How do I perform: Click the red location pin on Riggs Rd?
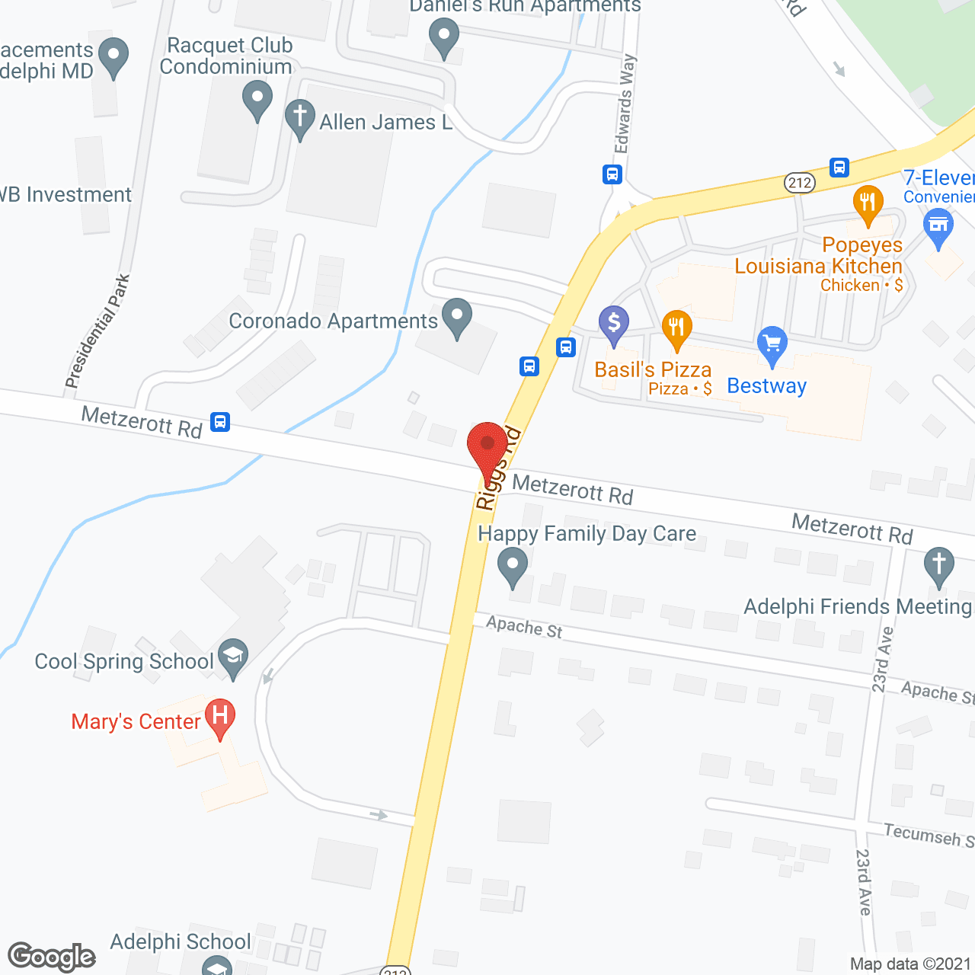coord(487,445)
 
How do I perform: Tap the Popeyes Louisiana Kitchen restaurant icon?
coord(868,202)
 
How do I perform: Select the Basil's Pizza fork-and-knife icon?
coord(676,328)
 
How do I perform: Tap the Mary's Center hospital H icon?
coord(219,716)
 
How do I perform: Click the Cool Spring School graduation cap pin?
coord(233,655)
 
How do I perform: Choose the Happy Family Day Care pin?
coord(513,567)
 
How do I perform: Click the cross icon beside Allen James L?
coord(300,117)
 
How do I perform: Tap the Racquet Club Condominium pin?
coord(257,98)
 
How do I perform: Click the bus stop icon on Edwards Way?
coord(612,174)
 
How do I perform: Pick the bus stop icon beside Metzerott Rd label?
coord(220,421)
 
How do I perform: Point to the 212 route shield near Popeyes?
coord(800,183)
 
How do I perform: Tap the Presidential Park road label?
coord(97,331)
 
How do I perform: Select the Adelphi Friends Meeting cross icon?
coord(938,565)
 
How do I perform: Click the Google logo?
coord(52,957)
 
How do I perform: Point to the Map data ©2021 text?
coord(910,964)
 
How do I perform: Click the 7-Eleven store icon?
coord(938,226)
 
